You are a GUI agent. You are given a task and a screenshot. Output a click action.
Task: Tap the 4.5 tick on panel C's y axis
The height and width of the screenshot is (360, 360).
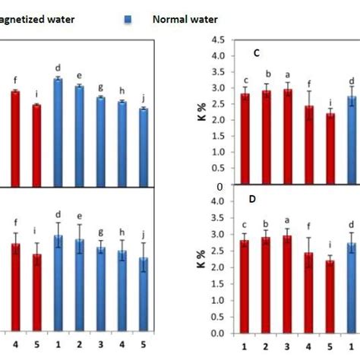pos(220,40)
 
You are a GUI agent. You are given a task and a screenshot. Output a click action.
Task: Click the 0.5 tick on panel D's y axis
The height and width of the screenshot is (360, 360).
pos(220,317)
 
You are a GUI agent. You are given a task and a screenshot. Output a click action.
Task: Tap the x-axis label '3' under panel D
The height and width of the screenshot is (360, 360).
pos(287,346)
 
